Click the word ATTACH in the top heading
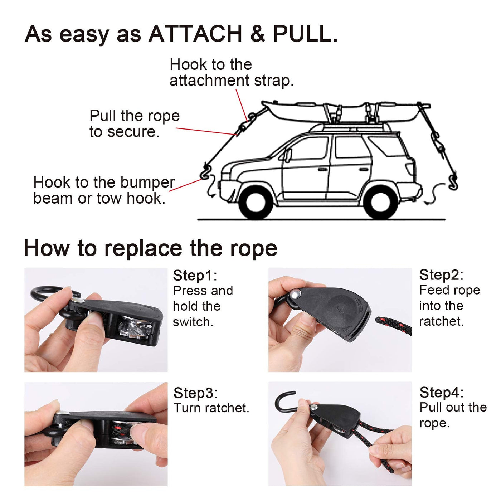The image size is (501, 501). (x=195, y=34)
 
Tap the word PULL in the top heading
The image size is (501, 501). (x=302, y=34)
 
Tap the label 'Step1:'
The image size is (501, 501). (x=195, y=276)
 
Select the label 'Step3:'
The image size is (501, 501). (x=195, y=393)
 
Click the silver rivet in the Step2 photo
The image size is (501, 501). (x=296, y=294)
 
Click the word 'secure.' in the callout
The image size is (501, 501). (x=133, y=132)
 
